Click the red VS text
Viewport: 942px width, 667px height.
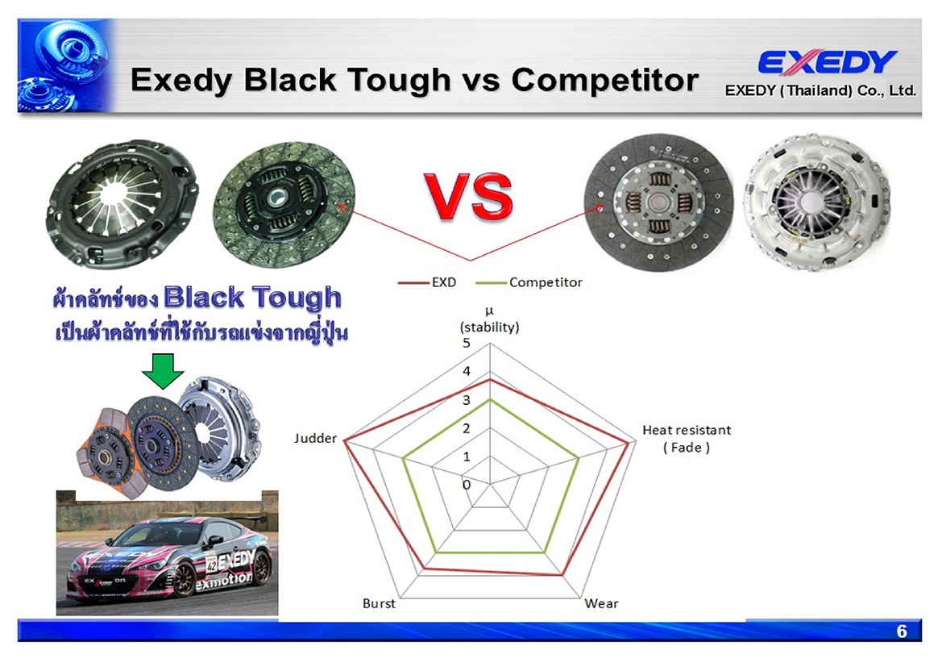pos(468,198)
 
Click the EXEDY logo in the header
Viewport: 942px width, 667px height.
pos(828,61)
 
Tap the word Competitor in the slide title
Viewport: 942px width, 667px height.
pos(604,79)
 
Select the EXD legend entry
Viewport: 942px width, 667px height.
pos(427,282)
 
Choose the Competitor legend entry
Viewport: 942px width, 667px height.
pos(529,282)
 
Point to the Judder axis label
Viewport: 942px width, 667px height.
pos(315,439)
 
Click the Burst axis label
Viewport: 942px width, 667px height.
pos(379,603)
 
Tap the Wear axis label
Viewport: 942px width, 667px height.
pos(601,603)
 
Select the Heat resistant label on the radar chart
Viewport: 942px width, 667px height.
pos(687,430)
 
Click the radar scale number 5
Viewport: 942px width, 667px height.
pos(467,344)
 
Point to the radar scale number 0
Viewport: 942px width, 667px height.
pos(467,485)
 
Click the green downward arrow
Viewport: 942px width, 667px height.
pos(163,370)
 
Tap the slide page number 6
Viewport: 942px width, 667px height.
pos(902,631)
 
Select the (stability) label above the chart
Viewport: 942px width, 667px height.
pos(490,327)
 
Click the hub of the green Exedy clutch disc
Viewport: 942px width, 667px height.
pos(278,197)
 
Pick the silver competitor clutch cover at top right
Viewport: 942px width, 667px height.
pos(816,202)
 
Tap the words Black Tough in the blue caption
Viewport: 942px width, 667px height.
pos(252,298)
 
